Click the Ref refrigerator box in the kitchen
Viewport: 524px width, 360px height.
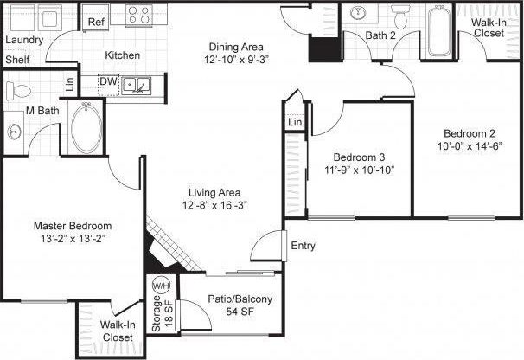pyautogui.click(x=96, y=22)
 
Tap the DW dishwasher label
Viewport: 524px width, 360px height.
pyautogui.click(x=108, y=82)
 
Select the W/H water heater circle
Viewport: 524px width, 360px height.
pyautogui.click(x=160, y=285)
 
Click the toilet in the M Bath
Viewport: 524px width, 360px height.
pyautogui.click(x=18, y=89)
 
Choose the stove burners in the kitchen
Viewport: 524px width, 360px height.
pyautogui.click(x=140, y=15)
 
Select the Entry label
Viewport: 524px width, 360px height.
pyautogui.click(x=304, y=246)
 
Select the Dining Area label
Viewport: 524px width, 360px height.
pyautogui.click(x=235, y=47)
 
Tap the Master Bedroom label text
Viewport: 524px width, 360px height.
pyautogui.click(x=72, y=226)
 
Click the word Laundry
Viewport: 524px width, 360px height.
pyautogui.click(x=24, y=40)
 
